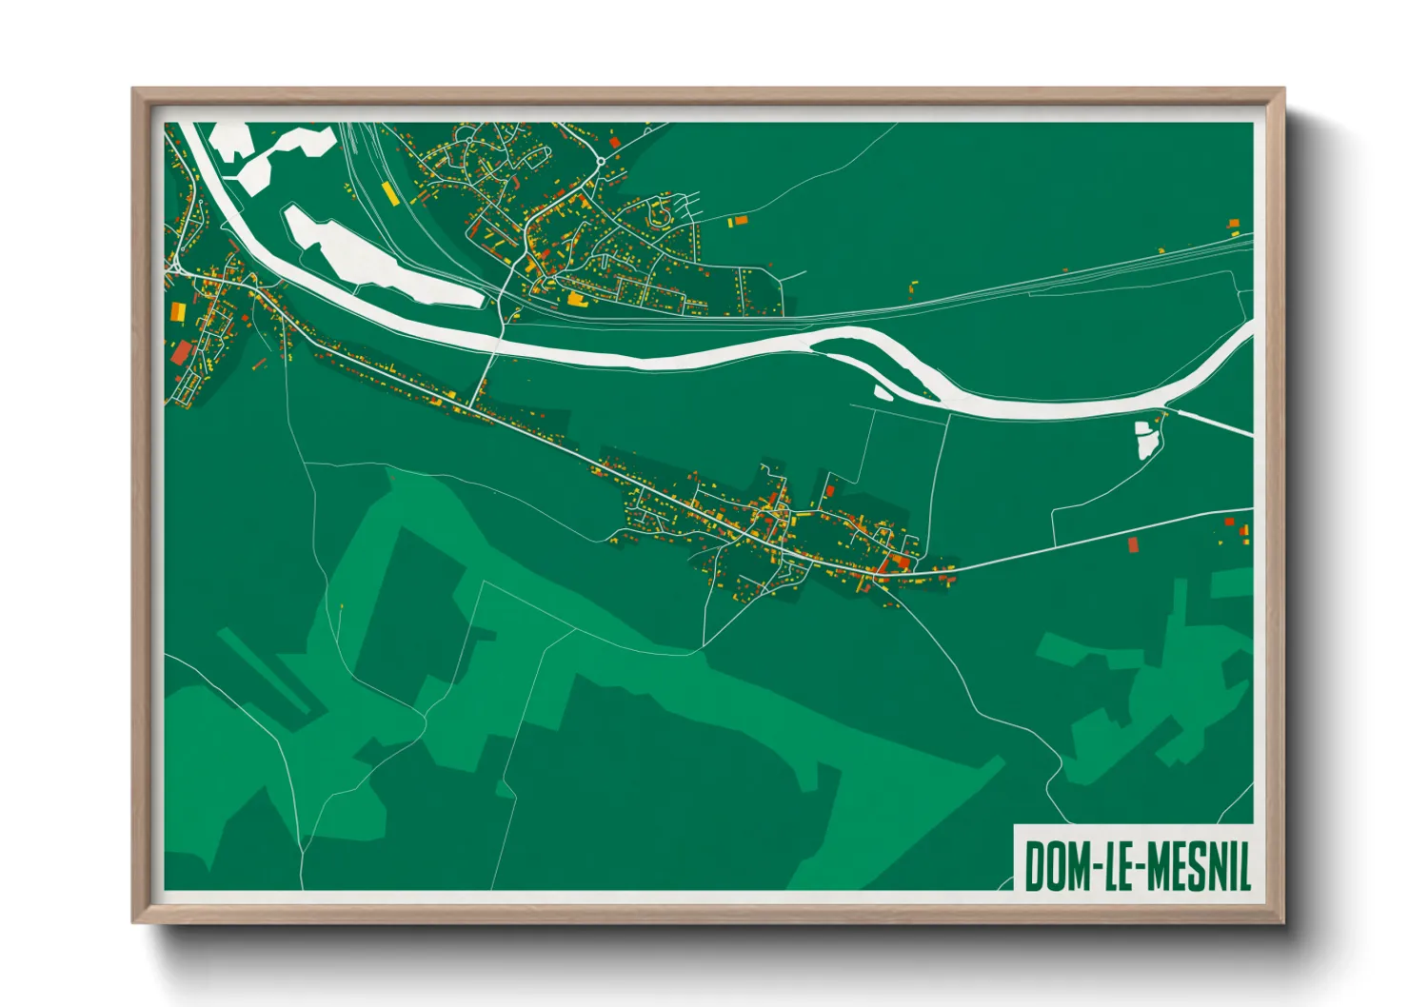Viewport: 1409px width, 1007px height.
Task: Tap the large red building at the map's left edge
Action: coord(181,353)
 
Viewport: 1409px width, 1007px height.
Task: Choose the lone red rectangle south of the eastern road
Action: coord(1133,544)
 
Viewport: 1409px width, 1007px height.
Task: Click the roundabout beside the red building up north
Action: coord(602,161)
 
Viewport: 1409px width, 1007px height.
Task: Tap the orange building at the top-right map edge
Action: coord(1234,225)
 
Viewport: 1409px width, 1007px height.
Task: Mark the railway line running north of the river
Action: coord(952,301)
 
